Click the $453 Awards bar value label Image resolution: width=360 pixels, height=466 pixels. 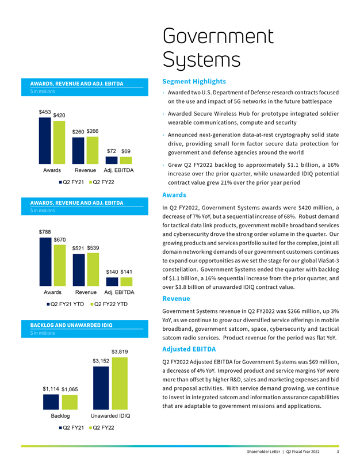(x=45, y=112)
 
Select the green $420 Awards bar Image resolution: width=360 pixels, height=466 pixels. (x=59, y=142)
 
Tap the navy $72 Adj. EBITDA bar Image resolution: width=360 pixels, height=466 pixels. (x=112, y=160)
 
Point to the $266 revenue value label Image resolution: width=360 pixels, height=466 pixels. (x=93, y=131)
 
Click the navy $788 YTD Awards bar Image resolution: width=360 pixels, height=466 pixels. (x=45, y=262)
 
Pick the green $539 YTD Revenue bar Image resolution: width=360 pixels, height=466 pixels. (x=93, y=270)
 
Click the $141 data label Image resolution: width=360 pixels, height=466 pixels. (x=127, y=272)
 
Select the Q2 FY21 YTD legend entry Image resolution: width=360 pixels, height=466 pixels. (x=66, y=304)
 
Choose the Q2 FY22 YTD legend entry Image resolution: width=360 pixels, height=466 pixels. (x=109, y=304)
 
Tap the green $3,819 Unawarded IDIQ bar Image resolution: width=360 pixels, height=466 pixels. (x=120, y=383)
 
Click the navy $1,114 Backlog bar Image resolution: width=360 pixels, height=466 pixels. (x=51, y=402)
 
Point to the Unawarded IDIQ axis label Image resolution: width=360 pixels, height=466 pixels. (x=110, y=416)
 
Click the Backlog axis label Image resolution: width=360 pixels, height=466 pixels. (x=60, y=416)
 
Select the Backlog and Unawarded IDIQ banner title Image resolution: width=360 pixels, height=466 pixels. (x=71, y=325)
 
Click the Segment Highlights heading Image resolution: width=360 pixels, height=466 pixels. (x=194, y=82)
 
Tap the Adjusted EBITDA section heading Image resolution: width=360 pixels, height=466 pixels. (x=189, y=349)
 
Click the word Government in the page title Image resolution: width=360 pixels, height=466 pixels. (x=218, y=36)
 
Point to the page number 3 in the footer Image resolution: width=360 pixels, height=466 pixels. (x=338, y=452)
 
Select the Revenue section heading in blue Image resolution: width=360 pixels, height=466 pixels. (x=176, y=299)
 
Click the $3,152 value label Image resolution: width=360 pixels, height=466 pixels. (x=101, y=361)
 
